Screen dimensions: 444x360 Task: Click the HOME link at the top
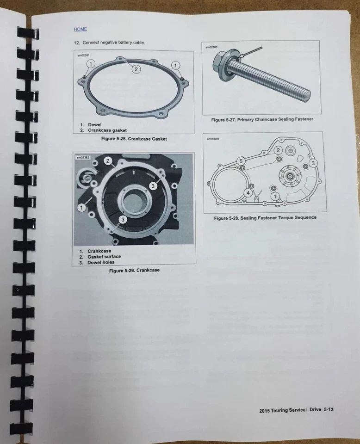(x=80, y=29)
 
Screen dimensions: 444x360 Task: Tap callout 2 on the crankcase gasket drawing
(x=136, y=69)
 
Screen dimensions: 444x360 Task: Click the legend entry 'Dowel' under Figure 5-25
(x=94, y=125)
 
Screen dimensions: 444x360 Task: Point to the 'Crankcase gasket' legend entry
(x=107, y=130)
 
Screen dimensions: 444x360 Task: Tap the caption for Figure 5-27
(x=262, y=119)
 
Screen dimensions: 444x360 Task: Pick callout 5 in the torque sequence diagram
(x=241, y=160)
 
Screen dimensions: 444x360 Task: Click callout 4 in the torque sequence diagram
(x=248, y=192)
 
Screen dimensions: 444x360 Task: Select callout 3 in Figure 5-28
(x=313, y=163)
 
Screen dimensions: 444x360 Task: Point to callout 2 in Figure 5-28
(x=278, y=151)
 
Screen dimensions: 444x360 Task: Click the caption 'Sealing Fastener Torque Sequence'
(x=265, y=217)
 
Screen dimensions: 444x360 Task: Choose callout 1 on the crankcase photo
(x=81, y=208)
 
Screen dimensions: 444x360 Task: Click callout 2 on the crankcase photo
(x=108, y=161)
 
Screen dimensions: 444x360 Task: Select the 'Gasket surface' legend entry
(x=104, y=257)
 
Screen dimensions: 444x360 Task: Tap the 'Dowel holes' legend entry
(x=101, y=262)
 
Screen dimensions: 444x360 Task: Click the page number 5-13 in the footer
(x=329, y=409)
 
